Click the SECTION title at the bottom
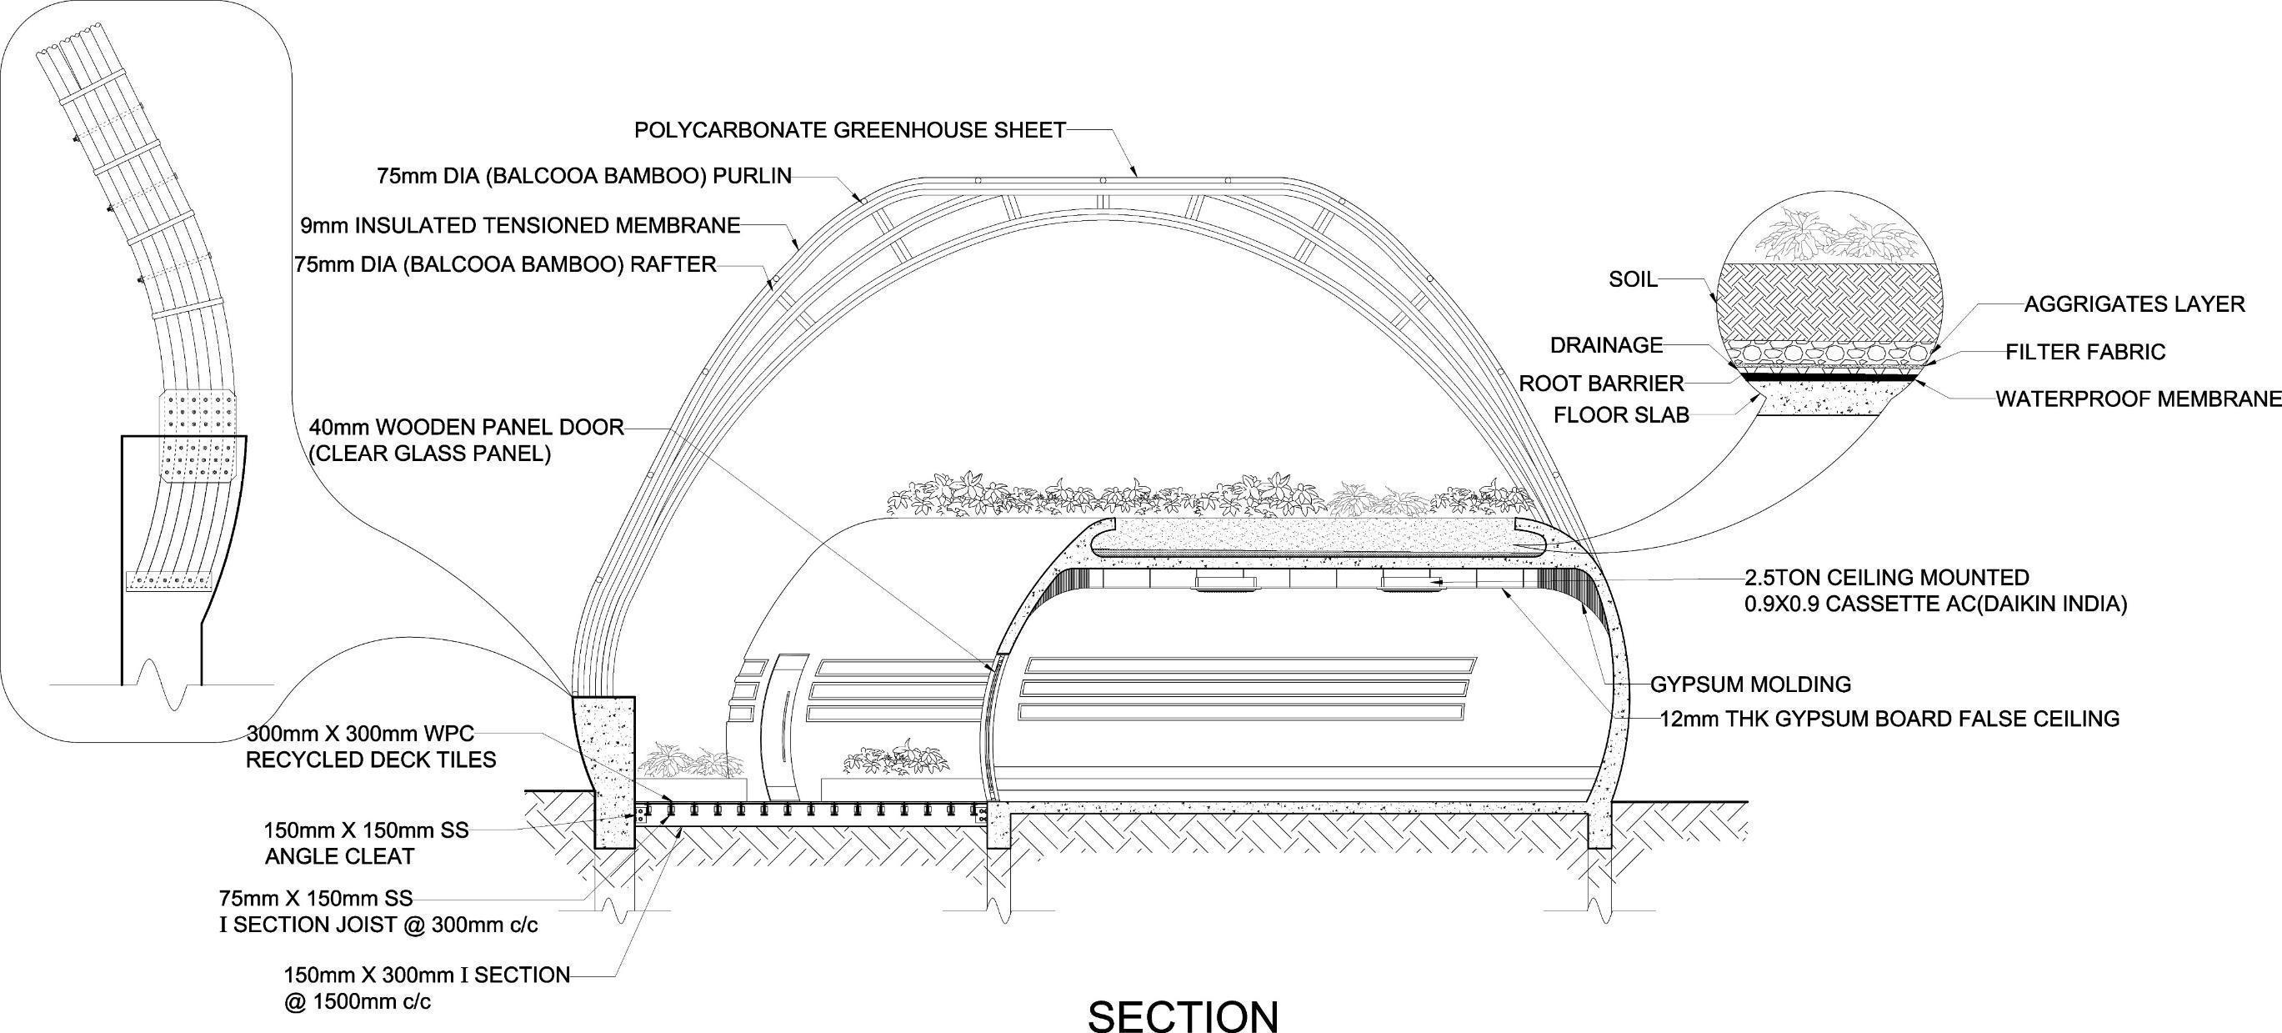tap(1183, 1015)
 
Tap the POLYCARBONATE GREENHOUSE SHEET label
tap(849, 130)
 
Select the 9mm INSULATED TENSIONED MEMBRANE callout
tap(520, 226)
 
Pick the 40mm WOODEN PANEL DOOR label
tap(466, 427)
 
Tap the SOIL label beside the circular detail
tap(1632, 280)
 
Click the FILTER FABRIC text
tap(2085, 353)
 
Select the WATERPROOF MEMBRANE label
tap(2138, 399)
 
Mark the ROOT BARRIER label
tap(1601, 384)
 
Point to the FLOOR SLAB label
tap(1621, 414)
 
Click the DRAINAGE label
tap(1606, 344)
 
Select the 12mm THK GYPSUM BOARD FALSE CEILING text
tap(1889, 719)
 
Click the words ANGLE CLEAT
tap(339, 857)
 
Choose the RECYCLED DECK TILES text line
tap(370, 760)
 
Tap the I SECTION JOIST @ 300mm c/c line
tap(378, 925)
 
